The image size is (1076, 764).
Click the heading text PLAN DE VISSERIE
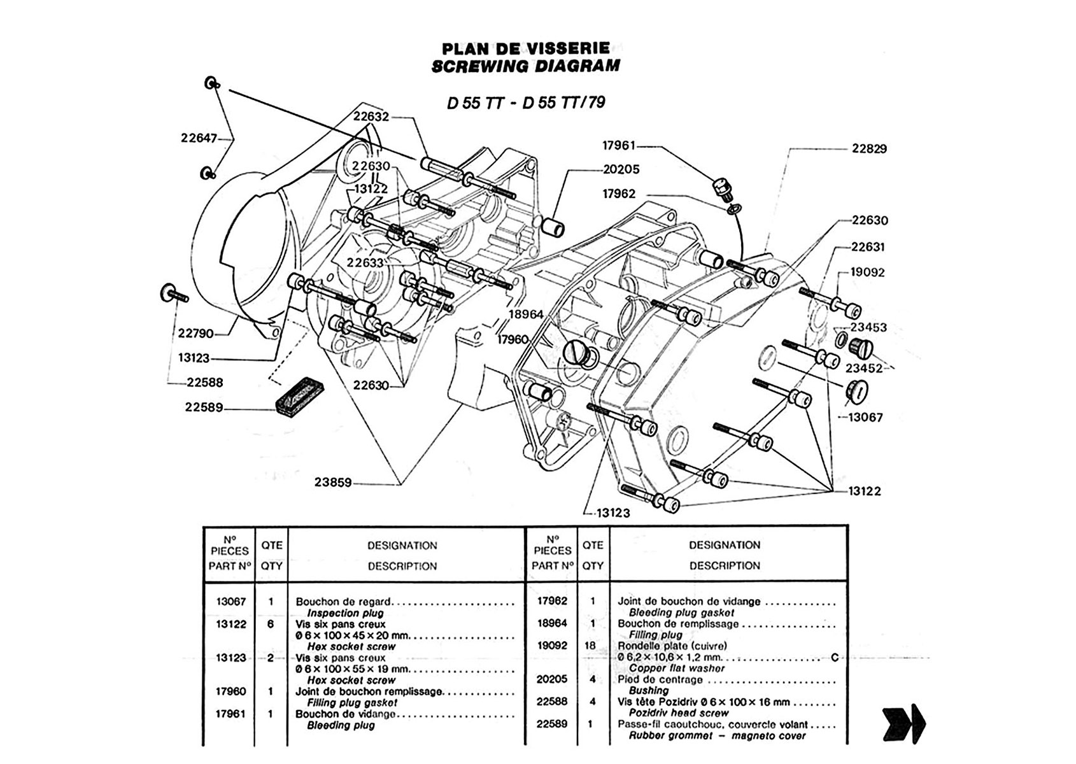tap(525, 48)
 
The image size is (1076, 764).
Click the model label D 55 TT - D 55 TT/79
tap(526, 103)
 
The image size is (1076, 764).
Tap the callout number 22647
tap(199, 138)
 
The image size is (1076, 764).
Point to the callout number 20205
tap(621, 169)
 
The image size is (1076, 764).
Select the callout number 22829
tap(869, 149)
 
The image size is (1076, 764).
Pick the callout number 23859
tap(332, 483)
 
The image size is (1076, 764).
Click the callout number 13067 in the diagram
tap(865, 418)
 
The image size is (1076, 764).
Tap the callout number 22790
tap(195, 333)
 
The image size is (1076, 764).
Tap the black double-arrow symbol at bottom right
tap(903, 723)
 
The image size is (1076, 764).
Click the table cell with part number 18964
tap(551, 623)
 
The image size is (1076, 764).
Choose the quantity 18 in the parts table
tap(591, 646)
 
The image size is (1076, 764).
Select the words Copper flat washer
tap(677, 668)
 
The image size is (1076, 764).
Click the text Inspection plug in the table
tap(345, 613)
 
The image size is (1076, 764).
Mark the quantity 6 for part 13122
tap(271, 624)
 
